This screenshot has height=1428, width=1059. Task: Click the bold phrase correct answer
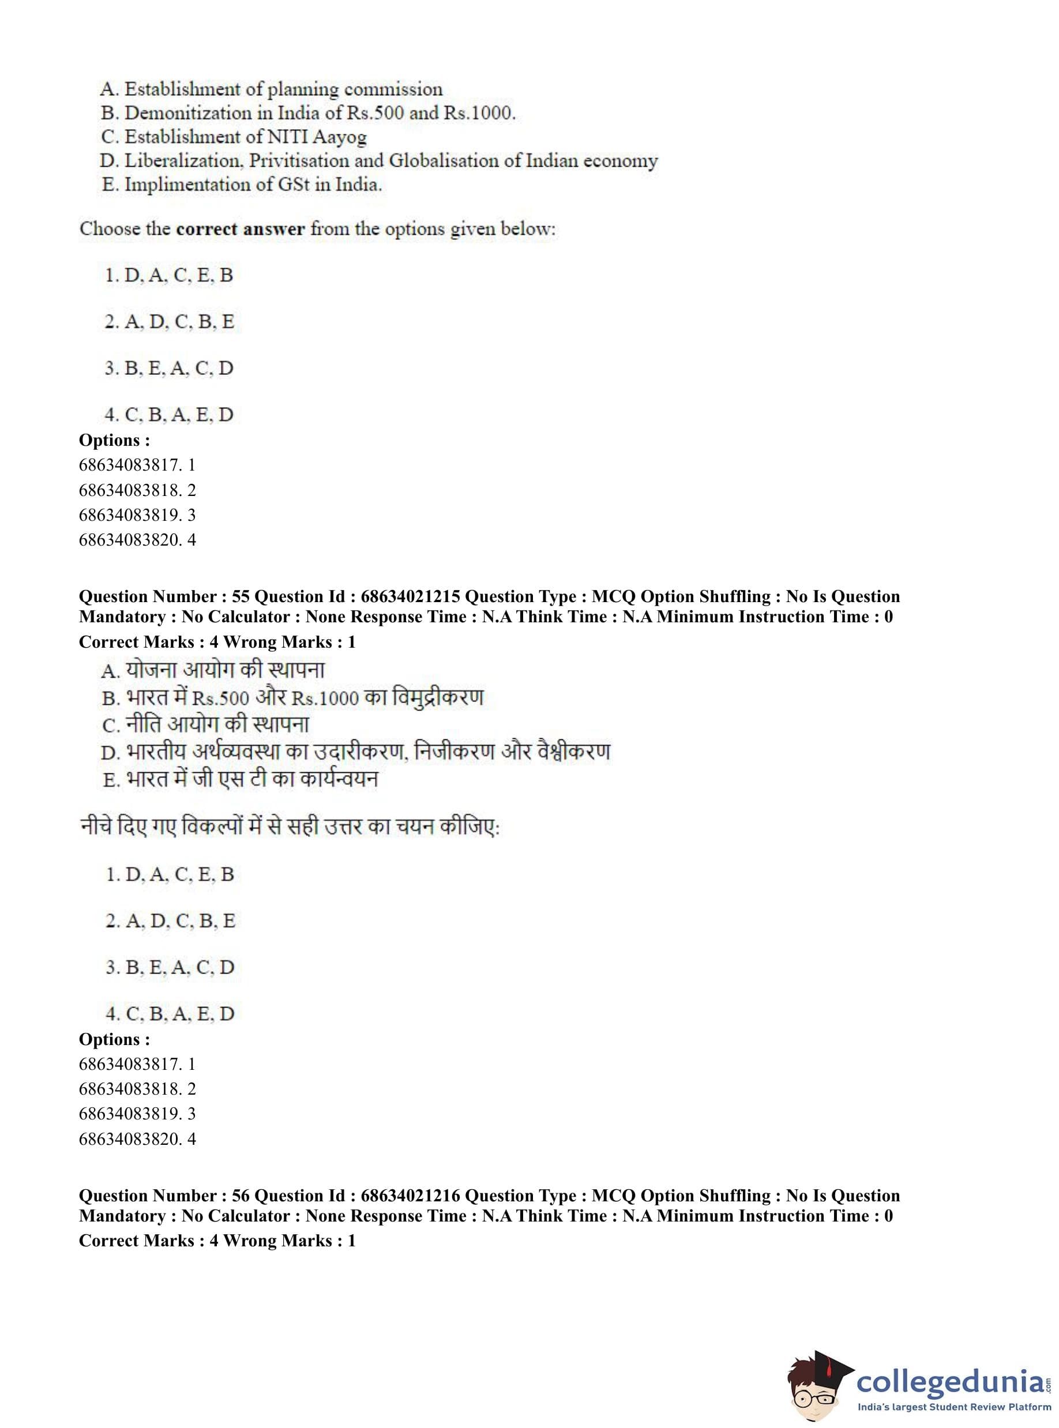click(240, 229)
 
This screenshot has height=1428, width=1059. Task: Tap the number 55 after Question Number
click(241, 597)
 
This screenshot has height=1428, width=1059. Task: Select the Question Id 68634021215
click(410, 597)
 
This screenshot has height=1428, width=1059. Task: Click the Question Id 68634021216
click(410, 1196)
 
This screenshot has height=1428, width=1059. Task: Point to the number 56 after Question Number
click(241, 1196)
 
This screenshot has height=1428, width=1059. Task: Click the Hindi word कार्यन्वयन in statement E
click(341, 779)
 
